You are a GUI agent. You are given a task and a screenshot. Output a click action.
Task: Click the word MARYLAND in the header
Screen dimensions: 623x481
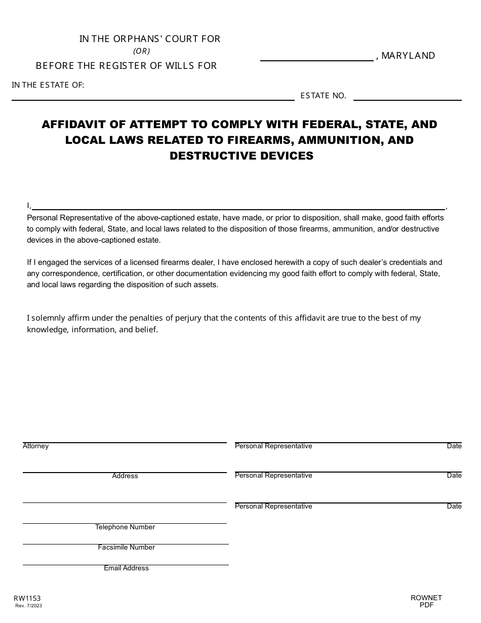tap(408, 56)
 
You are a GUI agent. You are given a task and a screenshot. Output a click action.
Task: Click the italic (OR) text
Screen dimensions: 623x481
tap(142, 51)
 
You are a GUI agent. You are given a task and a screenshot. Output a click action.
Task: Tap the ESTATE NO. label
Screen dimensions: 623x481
tap(323, 95)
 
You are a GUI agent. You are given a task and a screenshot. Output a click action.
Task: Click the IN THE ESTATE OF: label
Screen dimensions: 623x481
tap(48, 85)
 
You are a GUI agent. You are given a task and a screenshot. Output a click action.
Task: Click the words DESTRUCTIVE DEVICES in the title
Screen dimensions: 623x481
tap(242, 155)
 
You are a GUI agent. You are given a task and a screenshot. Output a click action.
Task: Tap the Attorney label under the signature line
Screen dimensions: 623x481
tap(36, 446)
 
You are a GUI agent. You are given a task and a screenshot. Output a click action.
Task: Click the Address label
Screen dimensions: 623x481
tap(125, 476)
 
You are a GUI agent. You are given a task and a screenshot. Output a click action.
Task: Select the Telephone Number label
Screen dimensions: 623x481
tap(125, 527)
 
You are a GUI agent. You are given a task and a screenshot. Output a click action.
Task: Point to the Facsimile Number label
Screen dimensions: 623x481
tap(127, 548)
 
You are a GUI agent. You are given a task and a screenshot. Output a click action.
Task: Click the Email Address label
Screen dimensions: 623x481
tap(127, 568)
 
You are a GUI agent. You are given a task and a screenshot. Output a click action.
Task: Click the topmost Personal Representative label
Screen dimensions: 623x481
tap(273, 446)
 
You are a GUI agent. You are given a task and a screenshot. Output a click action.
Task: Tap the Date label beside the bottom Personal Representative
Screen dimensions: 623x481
tap(454, 507)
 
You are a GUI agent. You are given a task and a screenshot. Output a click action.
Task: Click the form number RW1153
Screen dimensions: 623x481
tap(27, 598)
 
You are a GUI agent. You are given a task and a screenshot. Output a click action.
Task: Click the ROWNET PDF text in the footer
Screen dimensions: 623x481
tap(426, 601)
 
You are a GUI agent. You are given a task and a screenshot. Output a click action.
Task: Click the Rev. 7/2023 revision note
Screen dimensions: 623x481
tap(29, 606)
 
